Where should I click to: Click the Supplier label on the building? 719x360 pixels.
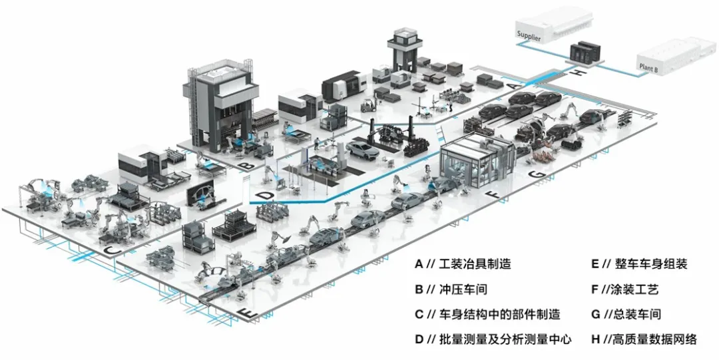[x=529, y=38]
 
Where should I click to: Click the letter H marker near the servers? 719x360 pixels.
[x=580, y=71]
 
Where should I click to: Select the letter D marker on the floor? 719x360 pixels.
[x=266, y=195]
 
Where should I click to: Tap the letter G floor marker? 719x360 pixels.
[x=539, y=174]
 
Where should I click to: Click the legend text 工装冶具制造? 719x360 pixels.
[x=474, y=264]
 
